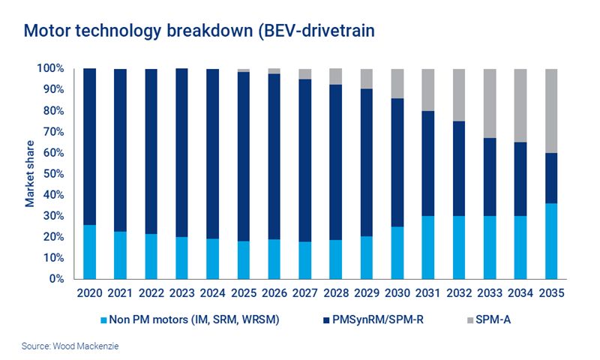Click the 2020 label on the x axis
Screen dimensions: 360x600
tap(88, 293)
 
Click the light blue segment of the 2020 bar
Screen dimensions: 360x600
tap(88, 251)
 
